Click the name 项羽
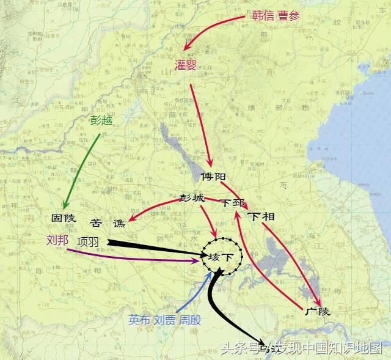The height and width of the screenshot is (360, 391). pos(87,241)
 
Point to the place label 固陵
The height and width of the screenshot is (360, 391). pos(63,218)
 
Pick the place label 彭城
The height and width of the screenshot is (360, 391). pos(192,198)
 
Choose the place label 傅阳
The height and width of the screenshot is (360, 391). pos(213,177)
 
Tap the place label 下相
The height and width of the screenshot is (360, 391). pos(261,217)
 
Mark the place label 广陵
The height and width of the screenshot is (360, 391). pos(316,312)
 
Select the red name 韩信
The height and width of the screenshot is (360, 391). pos(263,16)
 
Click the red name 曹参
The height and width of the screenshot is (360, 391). pos(290,16)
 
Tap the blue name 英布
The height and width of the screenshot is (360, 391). pos(139,319)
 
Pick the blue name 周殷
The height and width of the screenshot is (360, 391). pos(190,319)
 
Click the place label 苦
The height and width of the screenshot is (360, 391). pos(97,223)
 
